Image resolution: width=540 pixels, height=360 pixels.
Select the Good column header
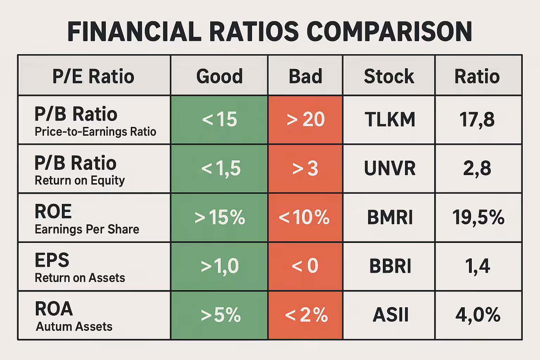(219, 76)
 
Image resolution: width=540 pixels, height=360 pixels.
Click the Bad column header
(305, 76)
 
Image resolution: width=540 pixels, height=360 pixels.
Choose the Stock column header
(389, 76)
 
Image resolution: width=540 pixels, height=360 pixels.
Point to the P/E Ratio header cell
(94, 76)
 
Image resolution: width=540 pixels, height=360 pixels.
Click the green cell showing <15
(219, 120)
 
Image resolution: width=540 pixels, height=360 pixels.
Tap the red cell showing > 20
(305, 120)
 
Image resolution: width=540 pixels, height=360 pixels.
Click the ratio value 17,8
(477, 120)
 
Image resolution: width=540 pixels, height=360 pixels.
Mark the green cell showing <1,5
(219, 168)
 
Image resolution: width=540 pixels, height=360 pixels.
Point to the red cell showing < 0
(305, 266)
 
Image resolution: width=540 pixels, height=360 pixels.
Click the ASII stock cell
(390, 315)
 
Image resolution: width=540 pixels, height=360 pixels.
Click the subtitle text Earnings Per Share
(87, 229)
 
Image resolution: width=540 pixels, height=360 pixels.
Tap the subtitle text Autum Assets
(74, 327)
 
